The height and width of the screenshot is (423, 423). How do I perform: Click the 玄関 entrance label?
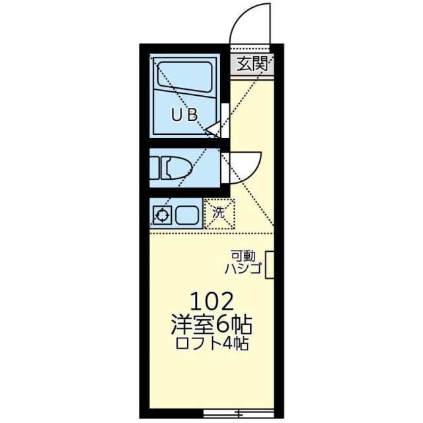tap(252, 63)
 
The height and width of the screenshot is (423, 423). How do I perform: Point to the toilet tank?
tap(154, 167)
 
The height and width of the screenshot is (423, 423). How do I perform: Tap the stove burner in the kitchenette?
tap(161, 214)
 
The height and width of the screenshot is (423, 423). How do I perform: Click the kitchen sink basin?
tap(186, 214)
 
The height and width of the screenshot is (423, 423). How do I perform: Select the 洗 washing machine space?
tap(219, 213)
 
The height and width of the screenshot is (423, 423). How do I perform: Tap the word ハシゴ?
tap(243, 268)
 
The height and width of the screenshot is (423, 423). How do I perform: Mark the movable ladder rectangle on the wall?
tap(269, 265)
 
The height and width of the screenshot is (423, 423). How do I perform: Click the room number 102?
tap(211, 303)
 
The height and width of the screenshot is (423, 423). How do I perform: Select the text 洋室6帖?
tap(212, 326)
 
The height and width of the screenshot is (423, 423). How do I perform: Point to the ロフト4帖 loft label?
tap(212, 344)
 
